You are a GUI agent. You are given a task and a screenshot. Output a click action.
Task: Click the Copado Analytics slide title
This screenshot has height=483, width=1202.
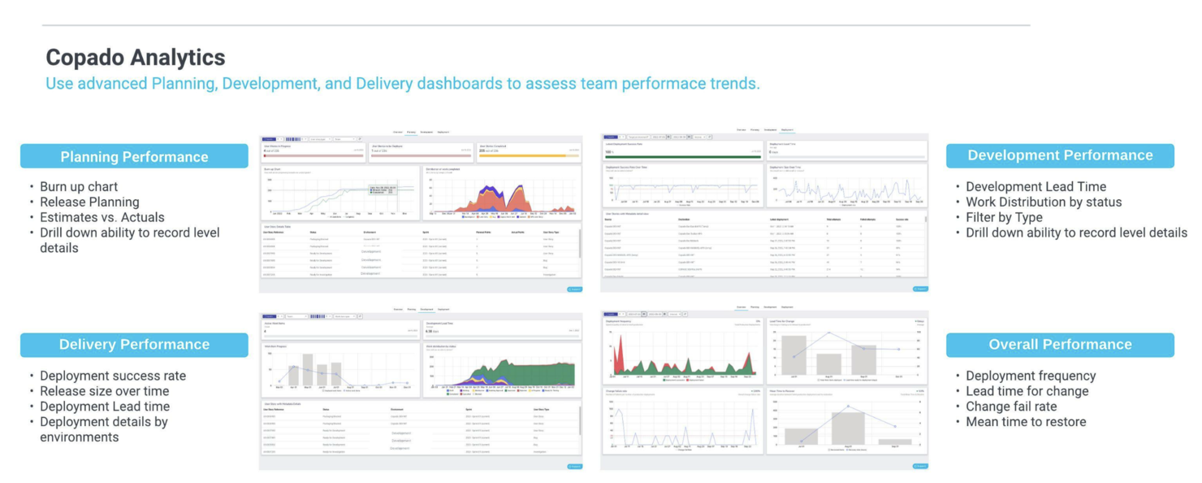[135, 58]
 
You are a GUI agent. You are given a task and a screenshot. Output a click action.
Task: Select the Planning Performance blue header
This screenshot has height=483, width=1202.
[134, 157]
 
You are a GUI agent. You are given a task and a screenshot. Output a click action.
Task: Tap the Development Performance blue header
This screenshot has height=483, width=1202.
[1059, 155]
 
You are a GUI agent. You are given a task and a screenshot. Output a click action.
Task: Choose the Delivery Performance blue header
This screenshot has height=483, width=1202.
[134, 345]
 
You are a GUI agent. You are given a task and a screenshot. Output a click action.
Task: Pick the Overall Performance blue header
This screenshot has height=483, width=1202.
[1059, 345]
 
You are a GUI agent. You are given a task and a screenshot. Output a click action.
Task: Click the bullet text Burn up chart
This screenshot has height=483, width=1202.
[79, 187]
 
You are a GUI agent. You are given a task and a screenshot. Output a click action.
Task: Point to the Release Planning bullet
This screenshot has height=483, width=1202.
[89, 202]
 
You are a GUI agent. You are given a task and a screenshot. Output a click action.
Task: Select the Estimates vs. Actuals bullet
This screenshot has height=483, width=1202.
[102, 218]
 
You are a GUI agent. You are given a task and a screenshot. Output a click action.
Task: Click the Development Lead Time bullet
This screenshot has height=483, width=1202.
[1036, 187]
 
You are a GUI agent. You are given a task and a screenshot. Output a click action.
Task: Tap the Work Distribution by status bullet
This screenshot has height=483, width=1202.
[1043, 202]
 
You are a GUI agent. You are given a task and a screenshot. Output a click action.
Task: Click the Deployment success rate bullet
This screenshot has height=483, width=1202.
[112, 376]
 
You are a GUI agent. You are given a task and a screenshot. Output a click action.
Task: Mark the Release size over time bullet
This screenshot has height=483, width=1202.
[104, 392]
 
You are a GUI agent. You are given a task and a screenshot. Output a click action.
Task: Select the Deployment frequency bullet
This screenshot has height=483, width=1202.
[1030, 376]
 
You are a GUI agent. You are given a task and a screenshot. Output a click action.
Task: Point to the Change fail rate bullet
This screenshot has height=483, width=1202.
[1011, 407]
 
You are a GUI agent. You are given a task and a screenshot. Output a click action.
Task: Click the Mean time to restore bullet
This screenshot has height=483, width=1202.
[1025, 423]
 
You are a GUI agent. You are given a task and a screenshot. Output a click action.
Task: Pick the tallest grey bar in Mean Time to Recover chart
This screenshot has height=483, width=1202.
[848, 428]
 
